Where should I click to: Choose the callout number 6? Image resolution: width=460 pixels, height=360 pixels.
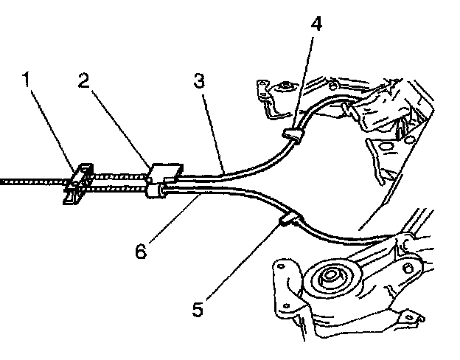(x=140, y=250)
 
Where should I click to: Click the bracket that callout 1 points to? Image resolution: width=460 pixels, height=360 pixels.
(x=78, y=182)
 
